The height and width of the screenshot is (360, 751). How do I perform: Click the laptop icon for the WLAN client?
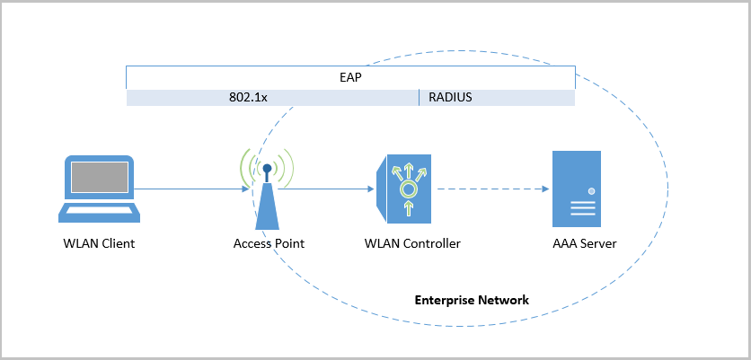pos(99,189)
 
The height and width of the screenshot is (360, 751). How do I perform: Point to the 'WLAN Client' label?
pos(99,243)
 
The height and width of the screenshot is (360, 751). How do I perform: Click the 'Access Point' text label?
pos(269,243)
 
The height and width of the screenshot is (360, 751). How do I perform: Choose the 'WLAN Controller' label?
pos(412,243)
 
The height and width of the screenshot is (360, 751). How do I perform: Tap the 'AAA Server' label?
pos(584,243)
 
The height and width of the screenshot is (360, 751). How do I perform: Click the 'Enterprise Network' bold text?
pos(472,299)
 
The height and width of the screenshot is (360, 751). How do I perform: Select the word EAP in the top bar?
pos(350,78)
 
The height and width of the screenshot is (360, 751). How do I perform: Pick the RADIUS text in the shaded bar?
pos(450,97)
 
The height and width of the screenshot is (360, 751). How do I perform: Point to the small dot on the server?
pos(591,191)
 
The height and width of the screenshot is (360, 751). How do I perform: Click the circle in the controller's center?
pos(409,189)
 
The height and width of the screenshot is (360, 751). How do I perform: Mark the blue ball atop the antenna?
pos(267,168)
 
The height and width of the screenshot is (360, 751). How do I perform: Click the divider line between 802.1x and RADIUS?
pos(419,97)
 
